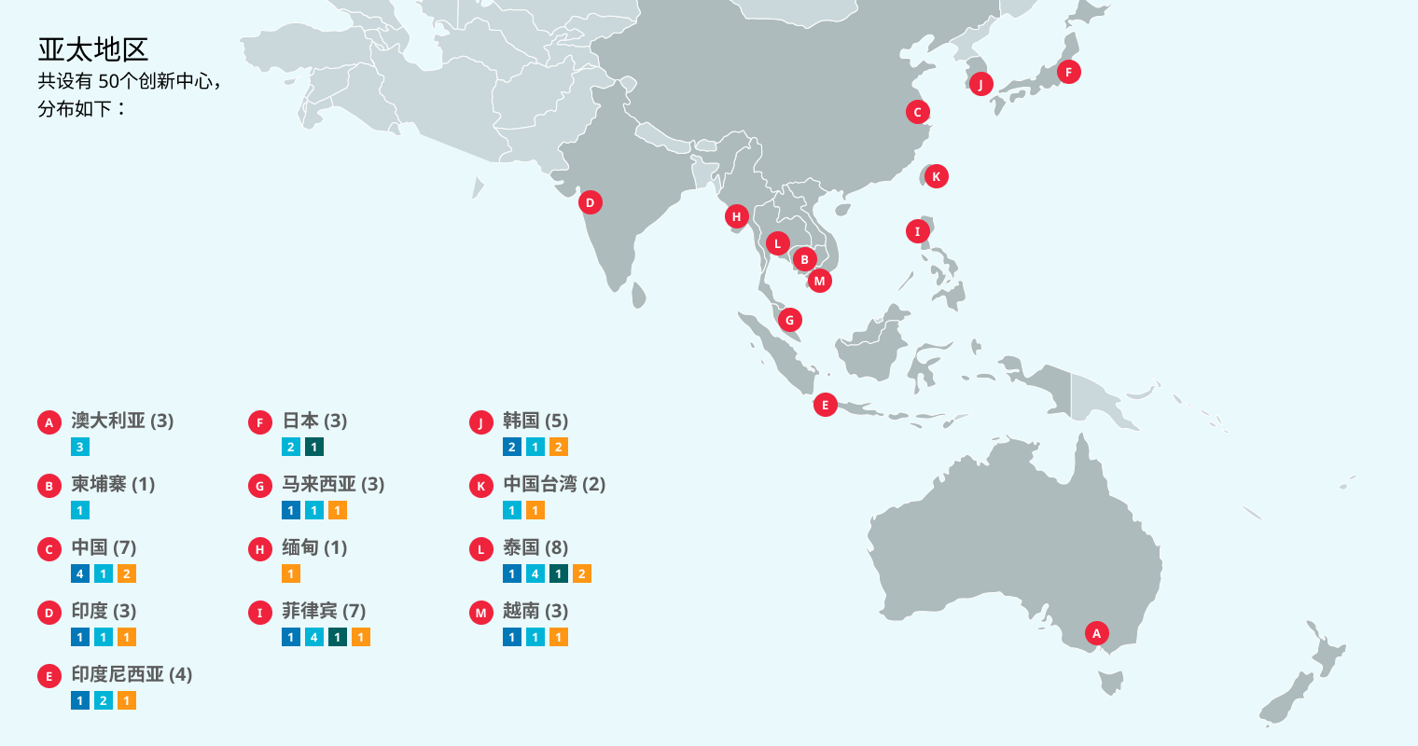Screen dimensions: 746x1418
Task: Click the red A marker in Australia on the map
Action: click(1096, 634)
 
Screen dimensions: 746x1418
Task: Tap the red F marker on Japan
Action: click(1068, 72)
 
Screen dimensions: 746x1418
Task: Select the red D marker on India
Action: click(590, 202)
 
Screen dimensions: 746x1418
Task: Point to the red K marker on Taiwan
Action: click(936, 176)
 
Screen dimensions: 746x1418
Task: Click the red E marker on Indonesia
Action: click(825, 405)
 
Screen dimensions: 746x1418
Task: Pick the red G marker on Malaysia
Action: click(789, 320)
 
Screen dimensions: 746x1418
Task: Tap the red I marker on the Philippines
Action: click(917, 231)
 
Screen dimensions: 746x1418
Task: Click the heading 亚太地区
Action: click(93, 49)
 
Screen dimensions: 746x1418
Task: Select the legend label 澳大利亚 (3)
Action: click(122, 421)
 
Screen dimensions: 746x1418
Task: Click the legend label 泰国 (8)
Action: click(535, 547)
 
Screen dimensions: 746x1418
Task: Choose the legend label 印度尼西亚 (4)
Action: click(132, 674)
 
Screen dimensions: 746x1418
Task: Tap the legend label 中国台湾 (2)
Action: click(554, 484)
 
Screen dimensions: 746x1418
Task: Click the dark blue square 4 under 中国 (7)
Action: click(80, 573)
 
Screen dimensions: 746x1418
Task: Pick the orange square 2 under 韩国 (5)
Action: click(558, 447)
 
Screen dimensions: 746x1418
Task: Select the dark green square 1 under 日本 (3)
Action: click(314, 447)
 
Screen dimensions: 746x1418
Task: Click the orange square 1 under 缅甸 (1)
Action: click(291, 573)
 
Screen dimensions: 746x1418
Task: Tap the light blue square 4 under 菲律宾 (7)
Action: click(314, 637)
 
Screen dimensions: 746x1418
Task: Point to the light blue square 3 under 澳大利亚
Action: click(80, 447)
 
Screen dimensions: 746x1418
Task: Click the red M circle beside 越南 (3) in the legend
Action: click(481, 613)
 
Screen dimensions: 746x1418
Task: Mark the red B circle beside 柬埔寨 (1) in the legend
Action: click(49, 486)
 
